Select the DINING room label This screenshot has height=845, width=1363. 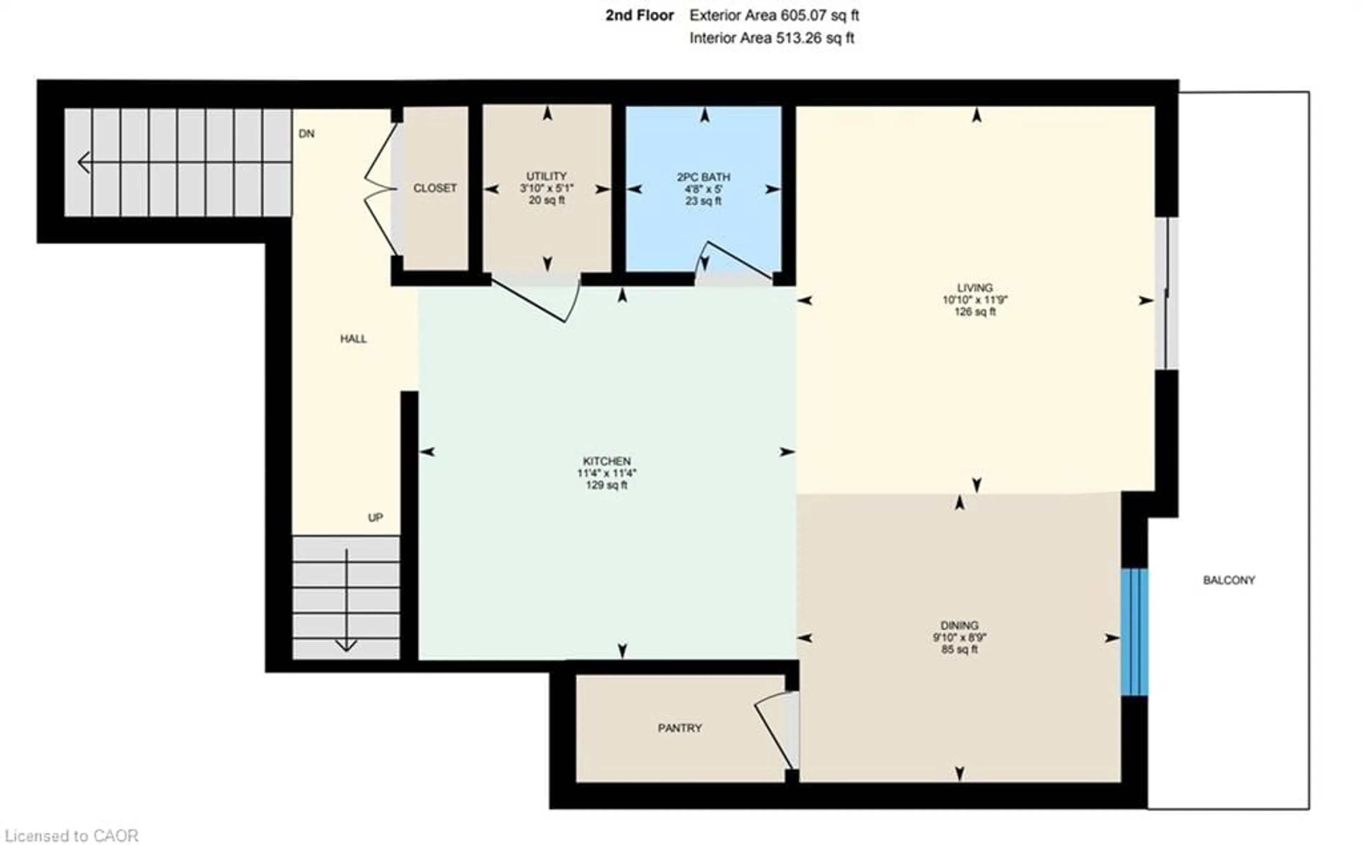959,625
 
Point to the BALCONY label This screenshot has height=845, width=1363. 1229,580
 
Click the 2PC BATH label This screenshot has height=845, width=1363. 703,177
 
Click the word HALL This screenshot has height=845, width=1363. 353,339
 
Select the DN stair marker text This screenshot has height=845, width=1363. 306,133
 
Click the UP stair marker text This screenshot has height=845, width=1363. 375,517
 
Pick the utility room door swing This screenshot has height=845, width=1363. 536,302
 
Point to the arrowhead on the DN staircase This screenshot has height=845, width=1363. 84,163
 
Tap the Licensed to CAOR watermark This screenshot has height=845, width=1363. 70,835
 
